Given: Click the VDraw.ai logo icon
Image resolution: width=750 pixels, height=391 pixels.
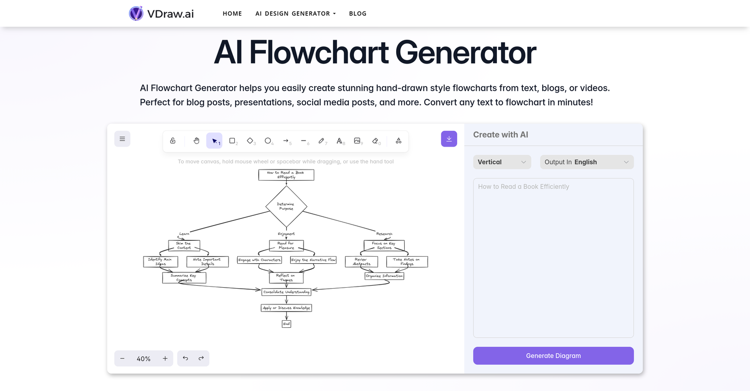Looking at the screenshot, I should coord(136,13).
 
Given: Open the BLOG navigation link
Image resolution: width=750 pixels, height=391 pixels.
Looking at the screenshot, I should coord(357,13).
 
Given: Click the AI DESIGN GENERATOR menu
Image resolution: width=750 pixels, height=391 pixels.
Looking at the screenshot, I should coord(295,13).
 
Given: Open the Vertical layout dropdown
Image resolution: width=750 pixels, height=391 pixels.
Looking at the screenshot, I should coord(502,162).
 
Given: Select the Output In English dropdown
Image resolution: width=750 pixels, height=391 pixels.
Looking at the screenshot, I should coord(587,162).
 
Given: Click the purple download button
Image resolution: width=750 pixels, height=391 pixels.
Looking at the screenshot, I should coord(449,138).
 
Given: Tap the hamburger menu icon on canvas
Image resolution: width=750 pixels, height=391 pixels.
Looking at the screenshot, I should coord(122,138).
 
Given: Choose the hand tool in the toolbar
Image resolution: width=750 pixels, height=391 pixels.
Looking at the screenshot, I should coord(197,141).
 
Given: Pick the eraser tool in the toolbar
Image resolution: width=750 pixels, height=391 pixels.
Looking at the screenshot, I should coord(376,141).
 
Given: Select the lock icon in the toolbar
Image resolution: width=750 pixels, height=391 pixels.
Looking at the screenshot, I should coord(173,141).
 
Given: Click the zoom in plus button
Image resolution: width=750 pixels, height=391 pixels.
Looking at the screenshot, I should coord(165,358).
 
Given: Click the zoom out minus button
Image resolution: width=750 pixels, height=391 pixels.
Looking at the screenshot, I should coord(122,358).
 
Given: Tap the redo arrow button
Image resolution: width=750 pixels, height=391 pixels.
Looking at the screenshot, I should coord(201,358).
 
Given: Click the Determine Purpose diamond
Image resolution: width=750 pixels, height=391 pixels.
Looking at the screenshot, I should coord(286,206).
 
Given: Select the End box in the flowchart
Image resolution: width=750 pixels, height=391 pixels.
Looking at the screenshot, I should coord(286,324).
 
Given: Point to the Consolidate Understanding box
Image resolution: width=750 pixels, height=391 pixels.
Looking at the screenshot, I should coord(286,292).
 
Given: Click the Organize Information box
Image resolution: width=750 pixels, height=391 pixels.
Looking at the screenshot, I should coord(384,276).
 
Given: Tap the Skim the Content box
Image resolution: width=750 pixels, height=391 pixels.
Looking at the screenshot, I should coord(184,245).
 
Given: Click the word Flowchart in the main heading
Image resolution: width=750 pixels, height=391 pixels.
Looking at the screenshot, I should coord(319,52).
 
